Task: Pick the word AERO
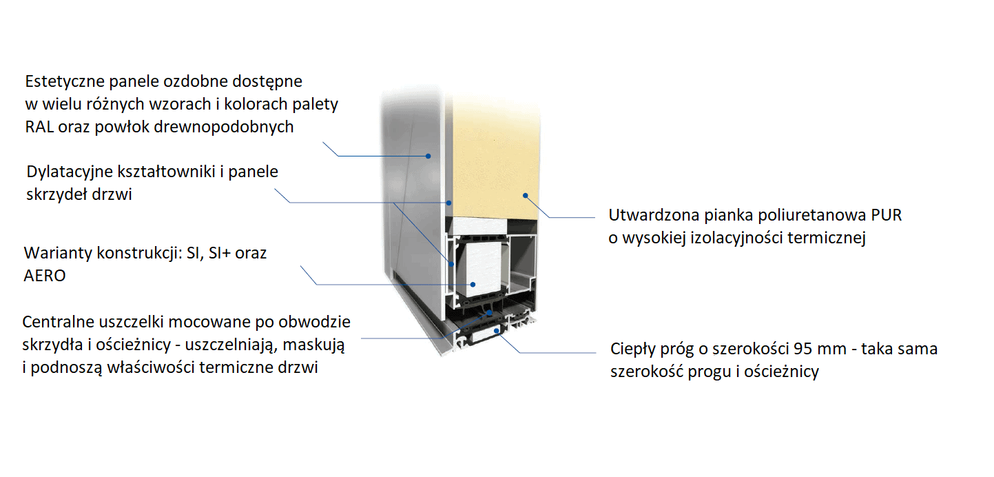pos(45,276)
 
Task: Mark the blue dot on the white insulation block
pos(473,284)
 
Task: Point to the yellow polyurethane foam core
pos(496,152)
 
